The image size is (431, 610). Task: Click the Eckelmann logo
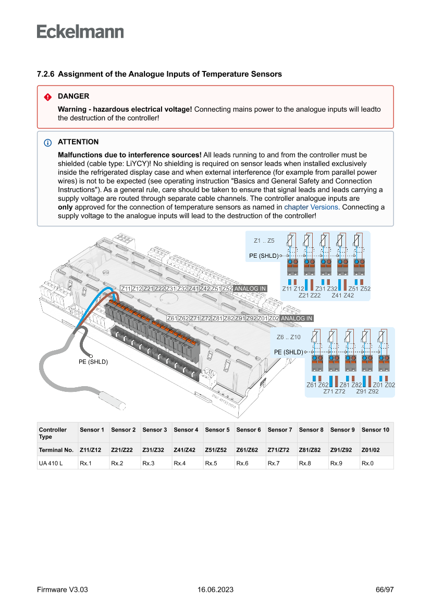(x=80, y=32)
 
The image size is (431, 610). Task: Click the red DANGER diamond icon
(x=48, y=97)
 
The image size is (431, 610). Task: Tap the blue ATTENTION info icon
(x=48, y=142)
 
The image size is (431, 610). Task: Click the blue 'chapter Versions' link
(x=311, y=207)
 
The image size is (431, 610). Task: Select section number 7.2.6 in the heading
(x=46, y=74)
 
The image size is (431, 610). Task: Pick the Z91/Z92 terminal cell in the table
(x=341, y=450)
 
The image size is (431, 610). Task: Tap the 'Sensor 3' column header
(x=154, y=430)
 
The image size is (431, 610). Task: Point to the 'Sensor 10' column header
(x=375, y=430)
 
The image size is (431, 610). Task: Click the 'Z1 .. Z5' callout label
(x=264, y=241)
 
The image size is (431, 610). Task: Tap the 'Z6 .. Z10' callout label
(x=288, y=337)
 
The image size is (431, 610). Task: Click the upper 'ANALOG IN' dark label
(x=250, y=289)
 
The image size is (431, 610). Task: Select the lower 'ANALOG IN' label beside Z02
(x=297, y=318)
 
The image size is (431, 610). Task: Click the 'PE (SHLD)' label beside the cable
(x=93, y=362)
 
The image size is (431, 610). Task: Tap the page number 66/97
(x=385, y=590)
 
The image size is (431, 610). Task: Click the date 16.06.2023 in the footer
(x=215, y=590)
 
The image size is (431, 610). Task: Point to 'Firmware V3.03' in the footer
(x=63, y=590)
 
